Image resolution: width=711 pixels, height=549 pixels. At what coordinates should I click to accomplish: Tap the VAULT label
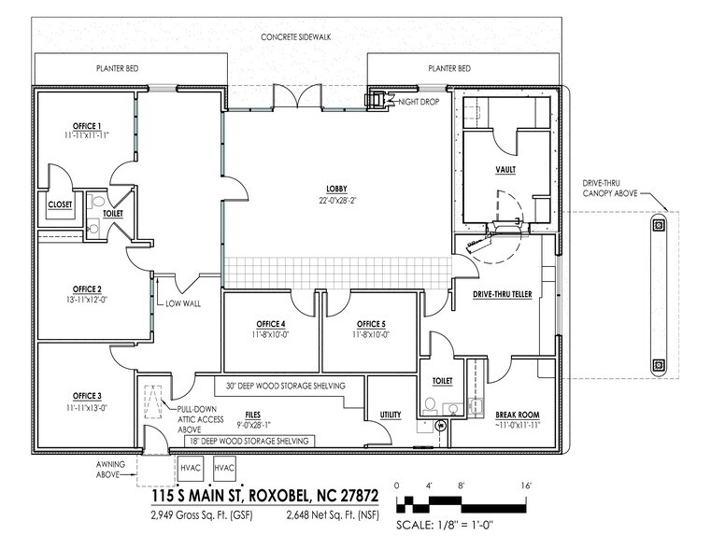point(505,170)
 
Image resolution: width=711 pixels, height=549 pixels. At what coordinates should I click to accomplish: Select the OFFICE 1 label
point(87,125)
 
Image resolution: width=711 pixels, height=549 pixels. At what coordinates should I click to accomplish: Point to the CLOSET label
point(61,204)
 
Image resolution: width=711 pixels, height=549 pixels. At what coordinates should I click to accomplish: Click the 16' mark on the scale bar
point(527,486)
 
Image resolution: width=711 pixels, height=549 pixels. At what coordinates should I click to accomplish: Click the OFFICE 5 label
point(371,324)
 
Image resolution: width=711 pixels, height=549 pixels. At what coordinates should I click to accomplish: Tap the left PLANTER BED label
point(118,69)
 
